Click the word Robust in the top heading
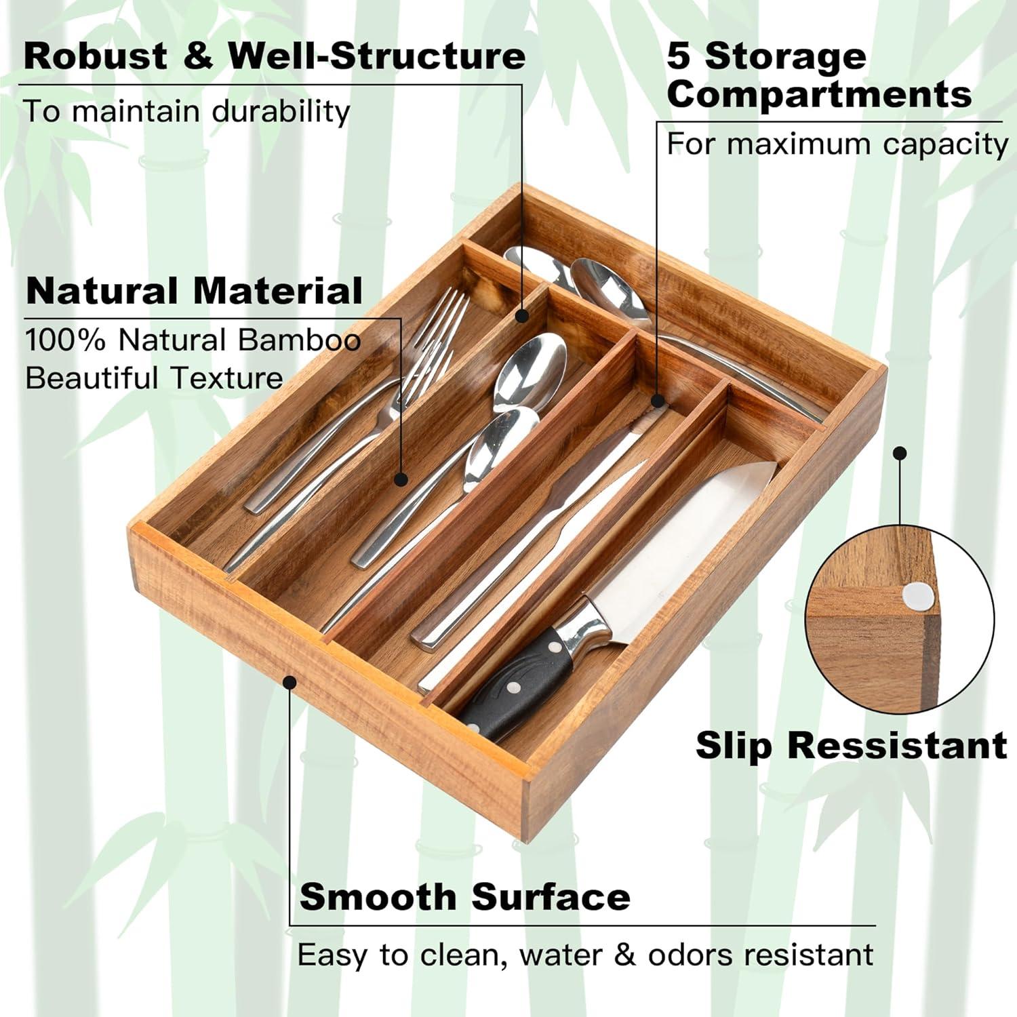pyautogui.click(x=95, y=56)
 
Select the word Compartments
pyautogui.click(x=819, y=94)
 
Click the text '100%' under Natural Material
pyautogui.click(x=65, y=340)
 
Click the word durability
pyautogui.click(x=281, y=111)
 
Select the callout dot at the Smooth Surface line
pyautogui.click(x=290, y=681)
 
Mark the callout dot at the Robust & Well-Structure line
pyautogui.click(x=522, y=315)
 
